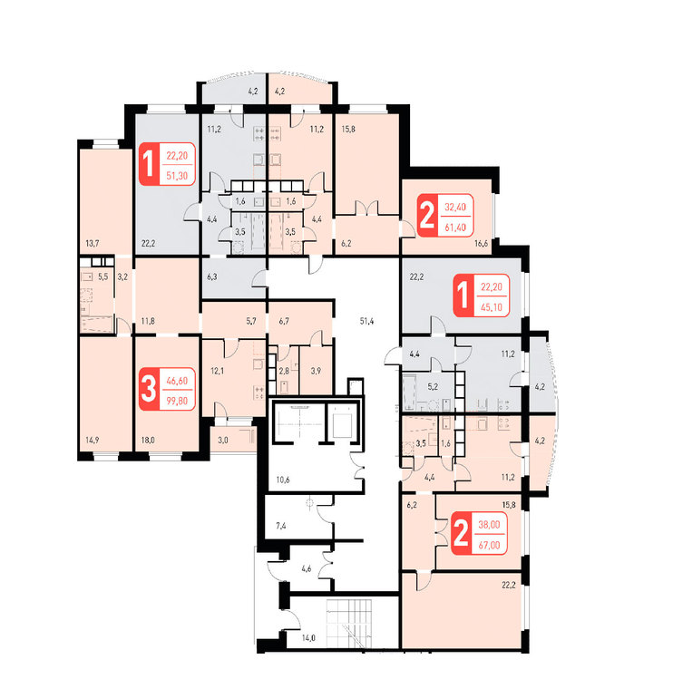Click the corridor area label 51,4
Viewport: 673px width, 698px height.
click(366, 321)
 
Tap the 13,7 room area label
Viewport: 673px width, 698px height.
click(93, 244)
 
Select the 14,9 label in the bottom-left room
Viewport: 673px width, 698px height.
click(93, 441)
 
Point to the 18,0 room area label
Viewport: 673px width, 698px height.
click(148, 441)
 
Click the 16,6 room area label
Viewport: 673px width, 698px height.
click(481, 244)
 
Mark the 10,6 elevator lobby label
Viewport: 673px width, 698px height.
click(283, 480)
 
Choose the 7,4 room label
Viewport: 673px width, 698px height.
click(280, 526)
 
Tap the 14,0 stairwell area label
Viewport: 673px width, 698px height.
click(308, 638)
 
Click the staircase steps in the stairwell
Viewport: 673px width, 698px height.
click(349, 623)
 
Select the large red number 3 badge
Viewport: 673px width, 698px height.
click(149, 389)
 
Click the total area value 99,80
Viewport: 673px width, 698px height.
click(177, 401)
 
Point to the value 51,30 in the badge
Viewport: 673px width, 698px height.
click(177, 176)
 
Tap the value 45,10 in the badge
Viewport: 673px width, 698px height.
click(492, 307)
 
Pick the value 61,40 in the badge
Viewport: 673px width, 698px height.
click(455, 228)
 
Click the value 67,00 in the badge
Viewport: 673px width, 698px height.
click(489, 546)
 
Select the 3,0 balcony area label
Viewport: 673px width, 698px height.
click(223, 441)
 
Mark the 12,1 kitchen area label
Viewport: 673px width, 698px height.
click(218, 371)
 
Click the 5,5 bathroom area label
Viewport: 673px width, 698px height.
click(102, 276)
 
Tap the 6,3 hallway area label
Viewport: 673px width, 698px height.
click(212, 276)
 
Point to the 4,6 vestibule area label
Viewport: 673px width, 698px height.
click(307, 568)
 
